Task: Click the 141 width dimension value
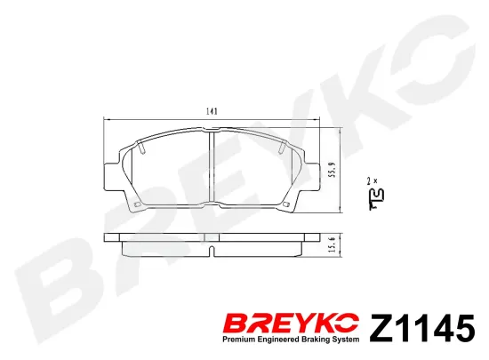pos(212,111)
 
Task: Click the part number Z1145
pos(422,328)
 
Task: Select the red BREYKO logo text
pos(291,324)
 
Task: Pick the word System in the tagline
pos(345,340)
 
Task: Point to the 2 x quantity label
pos(372,180)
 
